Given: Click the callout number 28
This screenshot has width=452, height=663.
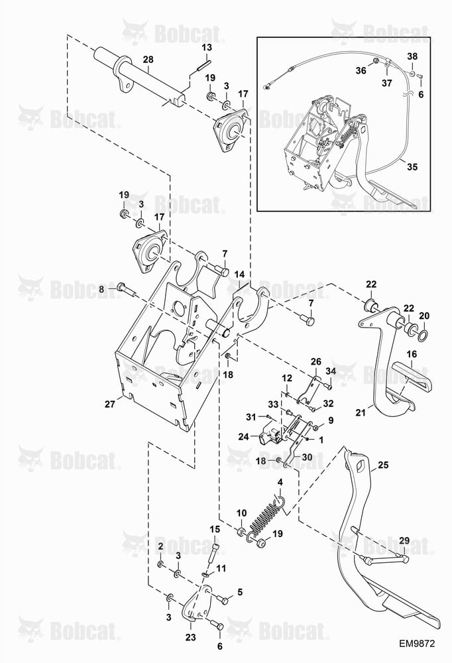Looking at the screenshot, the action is [x=148, y=59].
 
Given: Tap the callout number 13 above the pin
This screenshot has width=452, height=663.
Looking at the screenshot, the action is [x=206, y=47].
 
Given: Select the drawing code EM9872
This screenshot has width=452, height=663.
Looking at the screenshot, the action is [x=417, y=644].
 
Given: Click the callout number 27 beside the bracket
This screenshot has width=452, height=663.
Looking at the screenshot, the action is [x=110, y=404].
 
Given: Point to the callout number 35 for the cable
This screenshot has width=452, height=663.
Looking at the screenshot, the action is [x=412, y=166].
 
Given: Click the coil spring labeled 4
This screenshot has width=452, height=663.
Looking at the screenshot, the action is [x=267, y=516].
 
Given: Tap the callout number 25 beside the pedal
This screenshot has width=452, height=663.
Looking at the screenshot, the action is [x=383, y=465].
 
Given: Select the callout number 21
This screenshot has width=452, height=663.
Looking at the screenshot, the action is [x=361, y=412].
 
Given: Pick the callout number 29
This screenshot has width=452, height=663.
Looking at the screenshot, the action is [x=404, y=540].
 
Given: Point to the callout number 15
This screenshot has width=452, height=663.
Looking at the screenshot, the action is [x=215, y=529].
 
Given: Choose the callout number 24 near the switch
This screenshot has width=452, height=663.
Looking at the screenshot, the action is [x=243, y=436].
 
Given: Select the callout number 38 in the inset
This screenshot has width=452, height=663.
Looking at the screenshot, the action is [x=412, y=56].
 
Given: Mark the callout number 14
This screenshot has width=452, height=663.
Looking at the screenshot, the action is [x=239, y=275].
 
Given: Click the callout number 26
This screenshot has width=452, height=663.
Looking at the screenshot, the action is [x=316, y=362].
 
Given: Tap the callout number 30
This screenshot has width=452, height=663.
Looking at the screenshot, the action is [x=307, y=457].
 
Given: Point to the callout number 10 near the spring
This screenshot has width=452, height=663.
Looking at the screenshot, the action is [x=241, y=513].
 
